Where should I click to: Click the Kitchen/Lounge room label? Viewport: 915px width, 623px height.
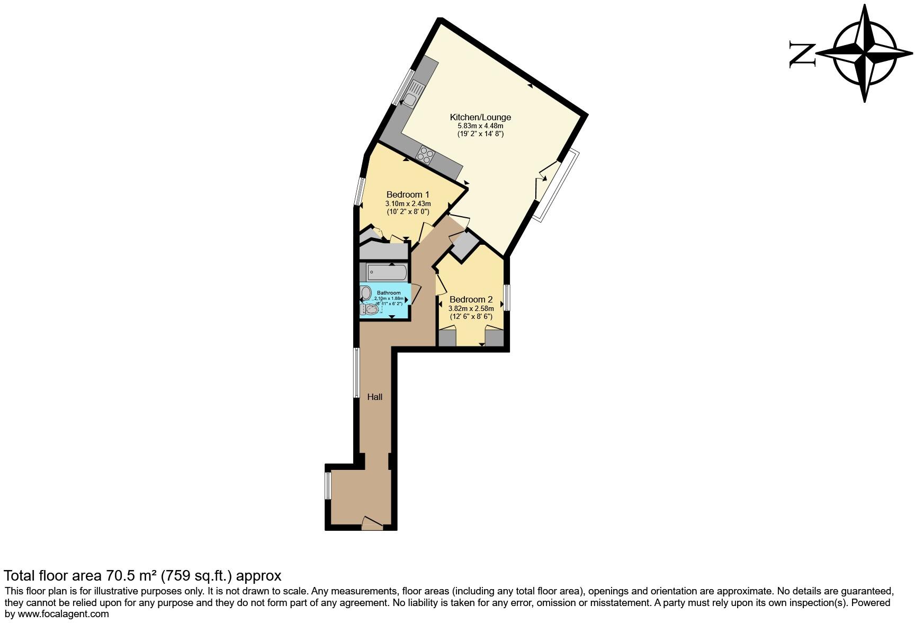tap(480, 117)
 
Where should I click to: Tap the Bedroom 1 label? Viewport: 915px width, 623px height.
tap(407, 194)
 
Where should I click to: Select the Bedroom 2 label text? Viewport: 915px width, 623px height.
tap(471, 299)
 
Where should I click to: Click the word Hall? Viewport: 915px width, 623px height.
tap(374, 397)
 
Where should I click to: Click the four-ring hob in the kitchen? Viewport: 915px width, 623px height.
tap(426, 154)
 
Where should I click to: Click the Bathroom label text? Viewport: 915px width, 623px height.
tap(389, 293)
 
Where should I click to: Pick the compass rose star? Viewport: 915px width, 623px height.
tap(864, 54)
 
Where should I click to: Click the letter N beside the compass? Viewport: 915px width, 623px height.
tap(802, 54)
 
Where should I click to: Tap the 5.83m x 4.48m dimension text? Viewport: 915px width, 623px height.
tap(480, 126)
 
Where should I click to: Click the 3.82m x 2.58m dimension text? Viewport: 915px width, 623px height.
tap(471, 308)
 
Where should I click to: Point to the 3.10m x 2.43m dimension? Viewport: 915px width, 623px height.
tap(407, 203)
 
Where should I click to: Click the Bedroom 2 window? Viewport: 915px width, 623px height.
tap(507, 298)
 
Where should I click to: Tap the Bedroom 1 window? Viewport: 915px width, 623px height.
tap(360, 191)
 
